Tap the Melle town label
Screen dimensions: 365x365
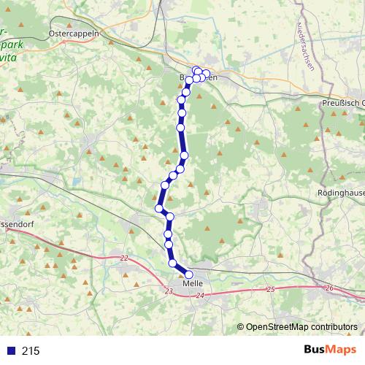click(193, 283)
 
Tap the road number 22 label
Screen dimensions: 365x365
click(124, 258)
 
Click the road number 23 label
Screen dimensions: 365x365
click(169, 291)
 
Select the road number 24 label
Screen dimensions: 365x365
click(200, 295)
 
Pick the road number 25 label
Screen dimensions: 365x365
click(270, 290)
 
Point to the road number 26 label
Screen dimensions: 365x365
click(329, 288)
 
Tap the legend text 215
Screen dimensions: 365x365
click(31, 351)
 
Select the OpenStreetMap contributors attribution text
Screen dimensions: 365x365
click(301, 327)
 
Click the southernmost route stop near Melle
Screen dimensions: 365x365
click(189, 274)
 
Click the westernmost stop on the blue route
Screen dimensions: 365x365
click(158, 209)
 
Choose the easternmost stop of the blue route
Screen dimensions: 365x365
click(207, 73)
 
